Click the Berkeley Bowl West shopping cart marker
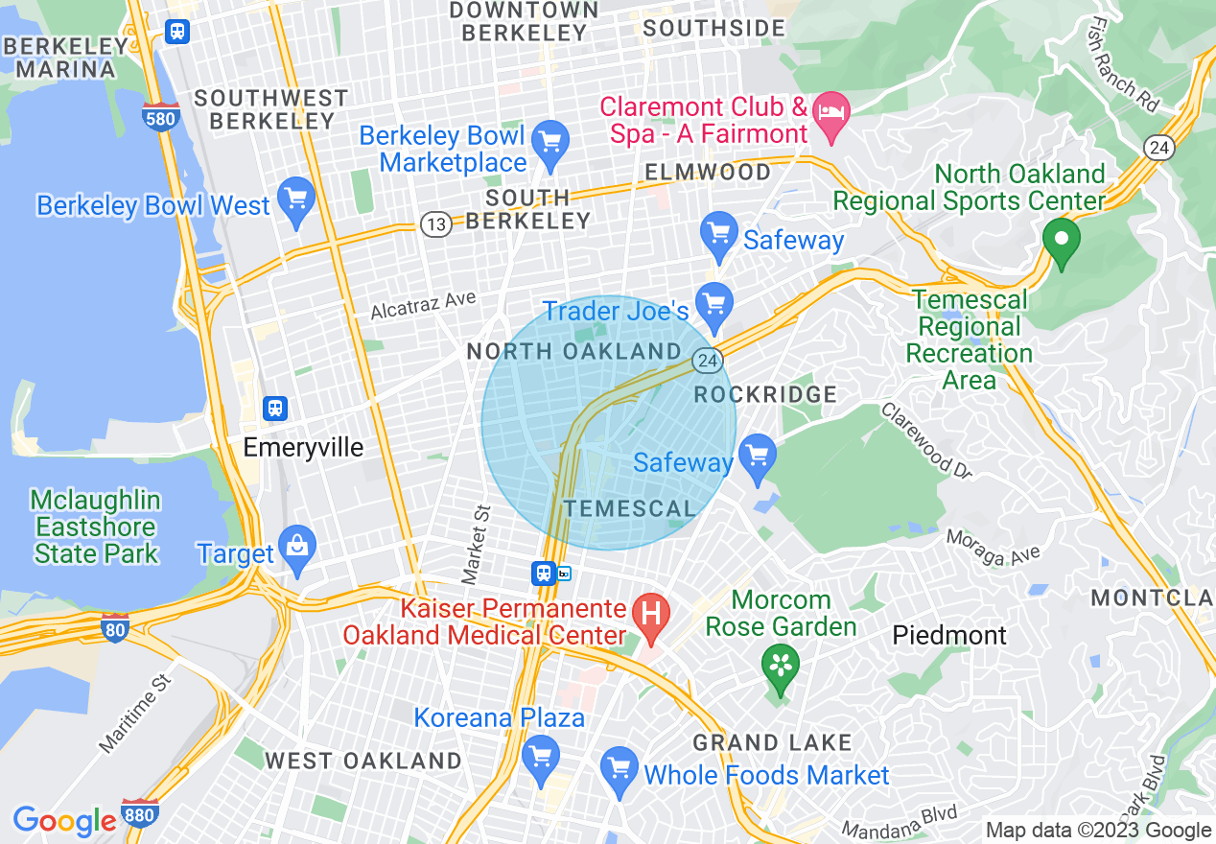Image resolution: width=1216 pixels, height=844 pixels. [x=296, y=199]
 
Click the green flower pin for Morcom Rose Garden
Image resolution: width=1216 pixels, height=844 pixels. [x=780, y=666]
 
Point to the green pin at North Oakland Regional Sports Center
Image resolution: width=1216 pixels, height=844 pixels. [x=1061, y=239]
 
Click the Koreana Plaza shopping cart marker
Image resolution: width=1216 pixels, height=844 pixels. [x=540, y=757]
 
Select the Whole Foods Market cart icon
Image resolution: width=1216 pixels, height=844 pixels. [x=620, y=769]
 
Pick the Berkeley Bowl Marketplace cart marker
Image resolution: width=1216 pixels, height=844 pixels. [x=550, y=143]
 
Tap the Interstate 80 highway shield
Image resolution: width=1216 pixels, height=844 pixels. [x=114, y=628]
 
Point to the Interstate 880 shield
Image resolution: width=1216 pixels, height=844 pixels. [x=140, y=811]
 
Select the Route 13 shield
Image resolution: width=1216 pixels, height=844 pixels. [x=435, y=224]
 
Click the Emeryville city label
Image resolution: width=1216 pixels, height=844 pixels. [x=303, y=447]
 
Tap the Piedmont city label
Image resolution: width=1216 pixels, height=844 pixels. [x=949, y=635]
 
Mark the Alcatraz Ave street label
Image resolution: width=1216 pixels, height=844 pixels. [x=423, y=305]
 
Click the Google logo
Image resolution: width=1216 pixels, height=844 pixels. [x=64, y=821]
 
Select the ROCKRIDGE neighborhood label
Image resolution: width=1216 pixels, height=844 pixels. [x=765, y=394]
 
